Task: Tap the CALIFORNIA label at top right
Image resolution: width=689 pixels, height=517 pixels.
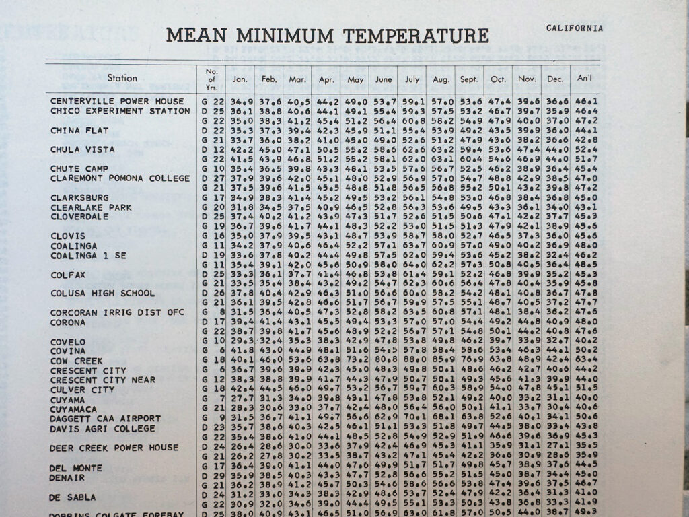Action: tap(574, 28)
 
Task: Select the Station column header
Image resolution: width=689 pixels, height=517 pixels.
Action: tap(122, 79)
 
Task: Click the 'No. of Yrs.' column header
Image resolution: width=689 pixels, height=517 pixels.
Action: tap(210, 79)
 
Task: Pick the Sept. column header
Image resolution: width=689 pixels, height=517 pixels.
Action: tap(469, 79)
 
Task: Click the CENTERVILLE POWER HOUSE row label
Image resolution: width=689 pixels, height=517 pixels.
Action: tap(116, 101)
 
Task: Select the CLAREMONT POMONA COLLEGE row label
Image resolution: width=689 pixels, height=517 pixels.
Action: tap(120, 178)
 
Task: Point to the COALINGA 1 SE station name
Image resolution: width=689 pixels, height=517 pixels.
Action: tap(88, 256)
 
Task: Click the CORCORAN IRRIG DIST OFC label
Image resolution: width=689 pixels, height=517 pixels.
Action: tap(122, 313)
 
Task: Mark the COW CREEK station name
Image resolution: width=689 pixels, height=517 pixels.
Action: tap(77, 361)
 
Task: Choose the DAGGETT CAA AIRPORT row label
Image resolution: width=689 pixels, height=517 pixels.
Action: tap(106, 419)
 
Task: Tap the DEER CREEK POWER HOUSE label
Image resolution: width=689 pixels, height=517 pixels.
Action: tap(114, 448)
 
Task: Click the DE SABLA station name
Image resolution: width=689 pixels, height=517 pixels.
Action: tap(73, 497)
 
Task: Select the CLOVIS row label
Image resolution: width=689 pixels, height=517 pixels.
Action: tap(68, 236)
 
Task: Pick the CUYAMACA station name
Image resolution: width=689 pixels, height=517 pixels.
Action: tap(73, 409)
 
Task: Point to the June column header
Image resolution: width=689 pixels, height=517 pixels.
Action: tap(383, 79)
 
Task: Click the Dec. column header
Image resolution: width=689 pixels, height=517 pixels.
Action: tap(555, 79)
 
